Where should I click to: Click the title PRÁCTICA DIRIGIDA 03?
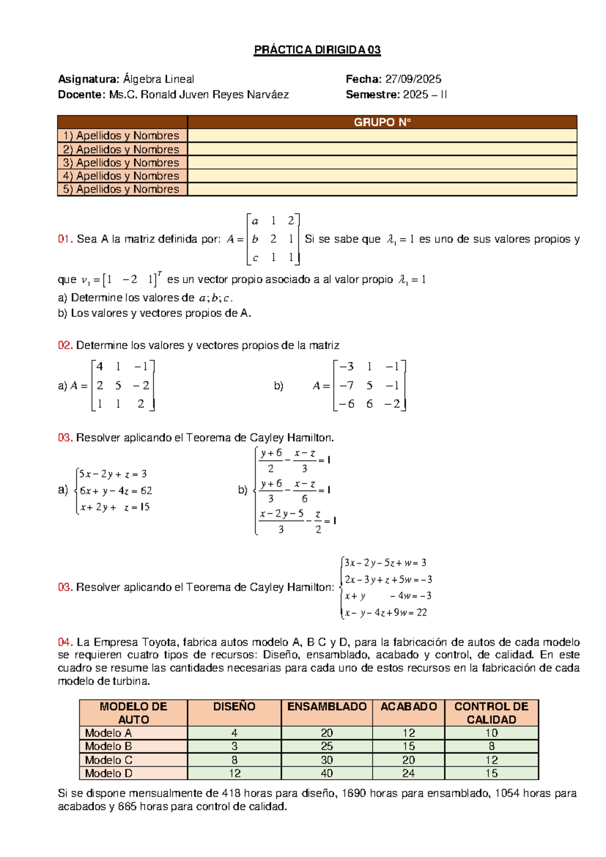(317, 50)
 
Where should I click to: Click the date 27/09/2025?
(413, 79)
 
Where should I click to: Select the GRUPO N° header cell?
(382, 122)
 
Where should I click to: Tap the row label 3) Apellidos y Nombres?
(121, 163)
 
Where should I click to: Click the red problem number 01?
(65, 240)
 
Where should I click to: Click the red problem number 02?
(65, 346)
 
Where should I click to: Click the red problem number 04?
(65, 642)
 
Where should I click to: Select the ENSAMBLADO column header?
(327, 707)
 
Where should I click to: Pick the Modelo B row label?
(109, 746)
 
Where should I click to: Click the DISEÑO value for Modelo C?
(234, 760)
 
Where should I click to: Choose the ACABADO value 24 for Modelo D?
(409, 773)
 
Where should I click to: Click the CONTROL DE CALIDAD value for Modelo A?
(491, 733)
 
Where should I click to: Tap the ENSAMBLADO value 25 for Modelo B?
(327, 746)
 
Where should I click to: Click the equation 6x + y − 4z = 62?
(116, 491)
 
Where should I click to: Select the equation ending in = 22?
(386, 613)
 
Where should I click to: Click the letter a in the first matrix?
(255, 221)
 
